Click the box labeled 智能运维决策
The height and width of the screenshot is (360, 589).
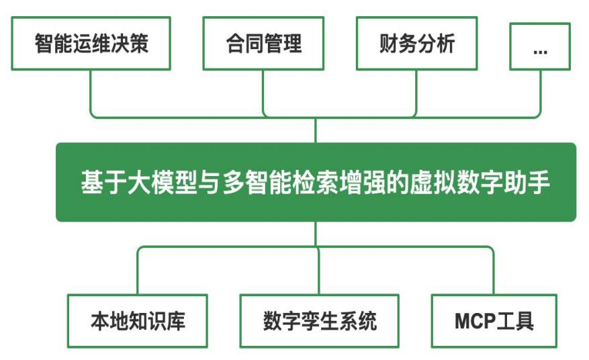coord(91,43)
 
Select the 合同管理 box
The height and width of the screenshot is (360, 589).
coord(263,43)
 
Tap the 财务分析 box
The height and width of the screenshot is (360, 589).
coord(416,43)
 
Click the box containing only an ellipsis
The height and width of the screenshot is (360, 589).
coord(540,46)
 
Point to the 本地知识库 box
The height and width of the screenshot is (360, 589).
coord(138,321)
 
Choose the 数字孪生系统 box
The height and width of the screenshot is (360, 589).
coord(319,321)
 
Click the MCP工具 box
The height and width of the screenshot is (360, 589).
coord(494,321)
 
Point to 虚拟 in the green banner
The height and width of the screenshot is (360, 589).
coord(433,182)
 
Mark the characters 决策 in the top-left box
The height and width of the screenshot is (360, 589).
coord(130,43)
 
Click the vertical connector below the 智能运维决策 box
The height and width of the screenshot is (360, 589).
coord(91,91)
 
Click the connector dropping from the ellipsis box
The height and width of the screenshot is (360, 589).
coord(541,91)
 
